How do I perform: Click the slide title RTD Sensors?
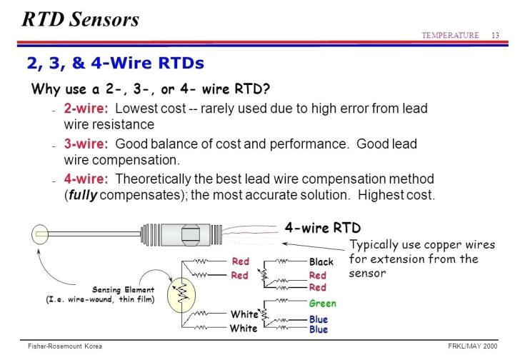pos(80,19)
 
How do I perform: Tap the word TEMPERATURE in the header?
pos(450,36)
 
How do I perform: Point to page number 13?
pos(494,36)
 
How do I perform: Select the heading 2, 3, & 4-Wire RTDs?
pos(115,63)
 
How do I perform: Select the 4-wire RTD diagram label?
pos(322,228)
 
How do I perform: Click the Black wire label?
pos(321,262)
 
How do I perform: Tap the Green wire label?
pos(322,303)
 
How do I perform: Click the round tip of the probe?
pos(40,234)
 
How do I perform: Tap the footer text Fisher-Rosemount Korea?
pos(60,346)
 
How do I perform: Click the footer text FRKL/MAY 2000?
pos(472,346)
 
